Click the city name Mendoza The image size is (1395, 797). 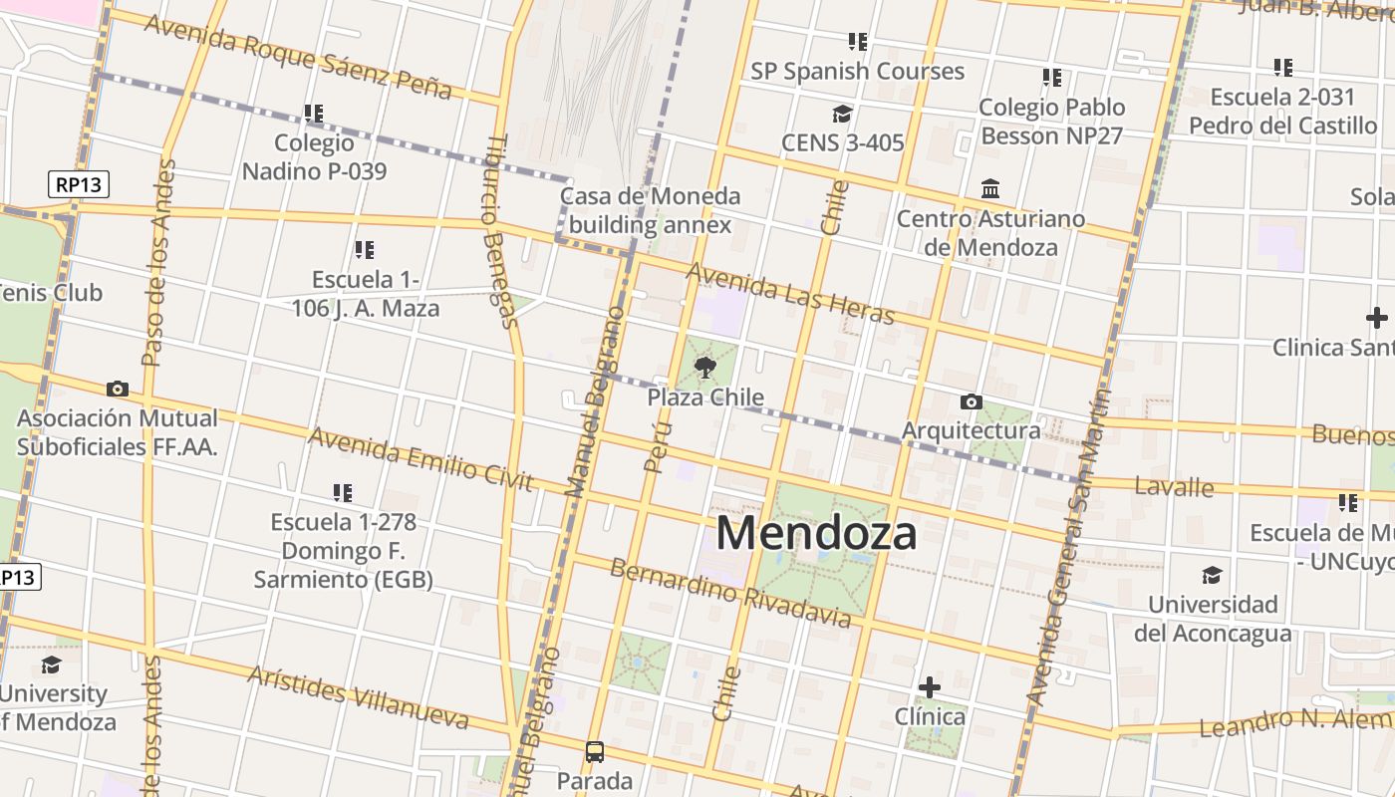tap(816, 533)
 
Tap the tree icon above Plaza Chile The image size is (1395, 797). tap(705, 368)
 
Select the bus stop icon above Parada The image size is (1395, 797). tap(595, 751)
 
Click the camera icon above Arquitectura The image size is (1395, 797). tap(971, 401)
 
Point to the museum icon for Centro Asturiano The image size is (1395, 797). tap(990, 188)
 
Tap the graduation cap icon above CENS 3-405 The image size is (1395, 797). tap(843, 114)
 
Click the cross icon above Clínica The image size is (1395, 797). tap(930, 687)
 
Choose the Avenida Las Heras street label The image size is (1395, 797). tap(790, 294)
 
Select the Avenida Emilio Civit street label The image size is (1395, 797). tap(420, 459)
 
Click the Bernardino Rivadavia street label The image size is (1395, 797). tap(730, 594)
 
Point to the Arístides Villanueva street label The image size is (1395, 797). tap(358, 696)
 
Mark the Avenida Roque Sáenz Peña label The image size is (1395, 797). tap(298, 57)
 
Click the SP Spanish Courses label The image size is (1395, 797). tap(857, 72)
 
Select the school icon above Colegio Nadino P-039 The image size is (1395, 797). tap(314, 114)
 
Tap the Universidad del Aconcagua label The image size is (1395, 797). tap(1213, 619)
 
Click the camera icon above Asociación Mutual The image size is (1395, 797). tap(118, 389)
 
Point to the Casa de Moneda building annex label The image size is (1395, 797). tap(650, 210)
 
